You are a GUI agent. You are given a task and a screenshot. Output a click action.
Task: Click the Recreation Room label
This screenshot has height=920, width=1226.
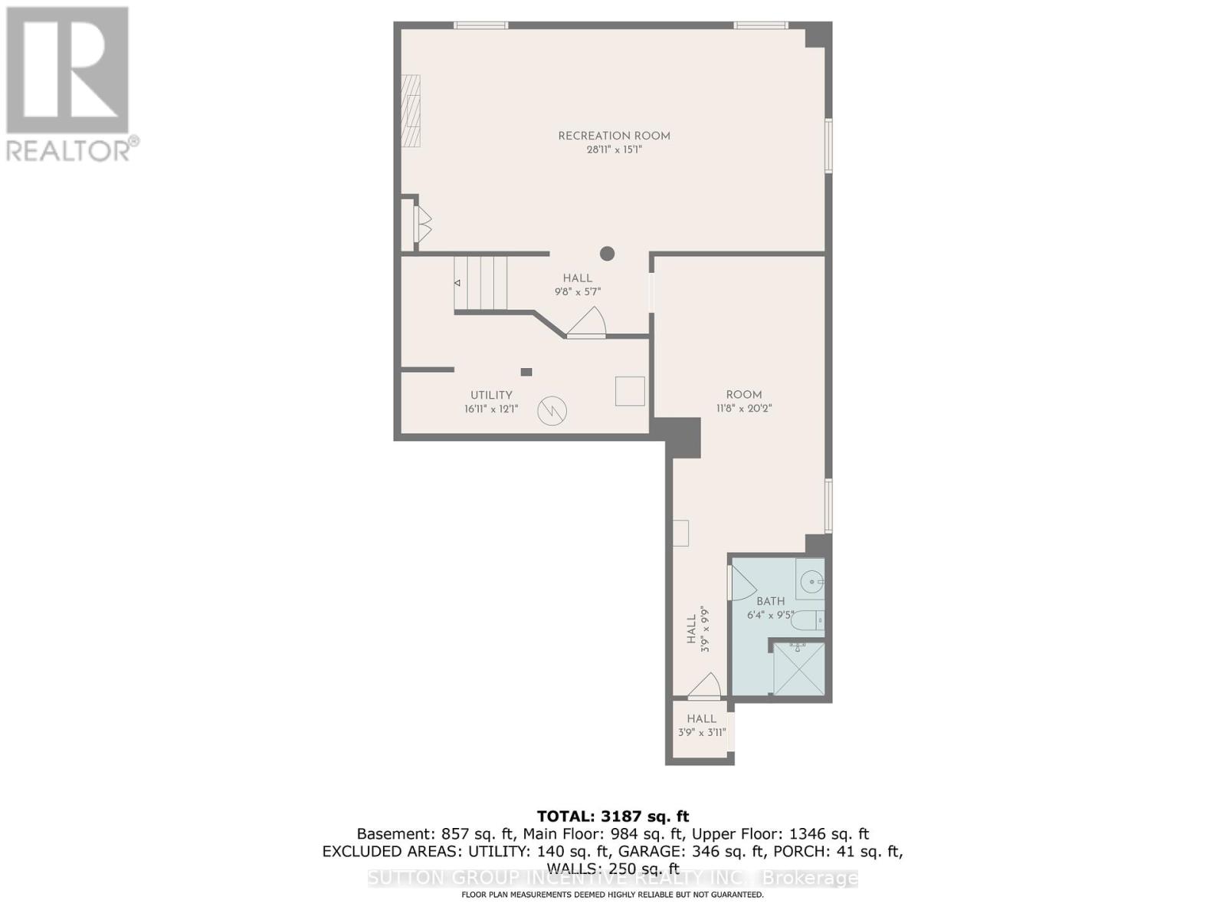(614, 136)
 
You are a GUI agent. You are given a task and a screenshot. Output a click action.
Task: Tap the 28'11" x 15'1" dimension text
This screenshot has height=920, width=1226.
(614, 150)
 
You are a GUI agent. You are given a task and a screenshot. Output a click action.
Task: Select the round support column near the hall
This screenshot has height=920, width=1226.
(607, 253)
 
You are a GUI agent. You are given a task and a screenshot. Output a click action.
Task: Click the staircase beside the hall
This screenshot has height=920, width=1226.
(480, 283)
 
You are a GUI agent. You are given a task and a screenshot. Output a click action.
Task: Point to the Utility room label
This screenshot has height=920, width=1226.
(491, 395)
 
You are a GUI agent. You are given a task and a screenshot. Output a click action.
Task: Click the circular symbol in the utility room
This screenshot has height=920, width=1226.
(552, 411)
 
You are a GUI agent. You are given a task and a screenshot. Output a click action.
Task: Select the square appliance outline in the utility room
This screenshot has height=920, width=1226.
(630, 391)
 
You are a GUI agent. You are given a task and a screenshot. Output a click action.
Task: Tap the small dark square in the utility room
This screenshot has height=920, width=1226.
(526, 372)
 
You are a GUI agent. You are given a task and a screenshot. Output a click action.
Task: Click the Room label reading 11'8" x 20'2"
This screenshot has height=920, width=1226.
(743, 395)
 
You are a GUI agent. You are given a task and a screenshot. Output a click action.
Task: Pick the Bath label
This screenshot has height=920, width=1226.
(770, 601)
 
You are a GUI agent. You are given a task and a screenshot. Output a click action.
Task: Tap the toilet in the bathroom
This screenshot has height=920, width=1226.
(807, 619)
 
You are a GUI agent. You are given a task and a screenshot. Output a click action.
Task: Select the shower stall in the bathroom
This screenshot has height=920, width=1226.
(798, 669)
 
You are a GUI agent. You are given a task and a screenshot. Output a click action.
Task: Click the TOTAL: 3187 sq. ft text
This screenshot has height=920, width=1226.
(612, 816)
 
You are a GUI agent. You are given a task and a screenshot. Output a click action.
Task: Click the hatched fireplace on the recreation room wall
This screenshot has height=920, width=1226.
(411, 110)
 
